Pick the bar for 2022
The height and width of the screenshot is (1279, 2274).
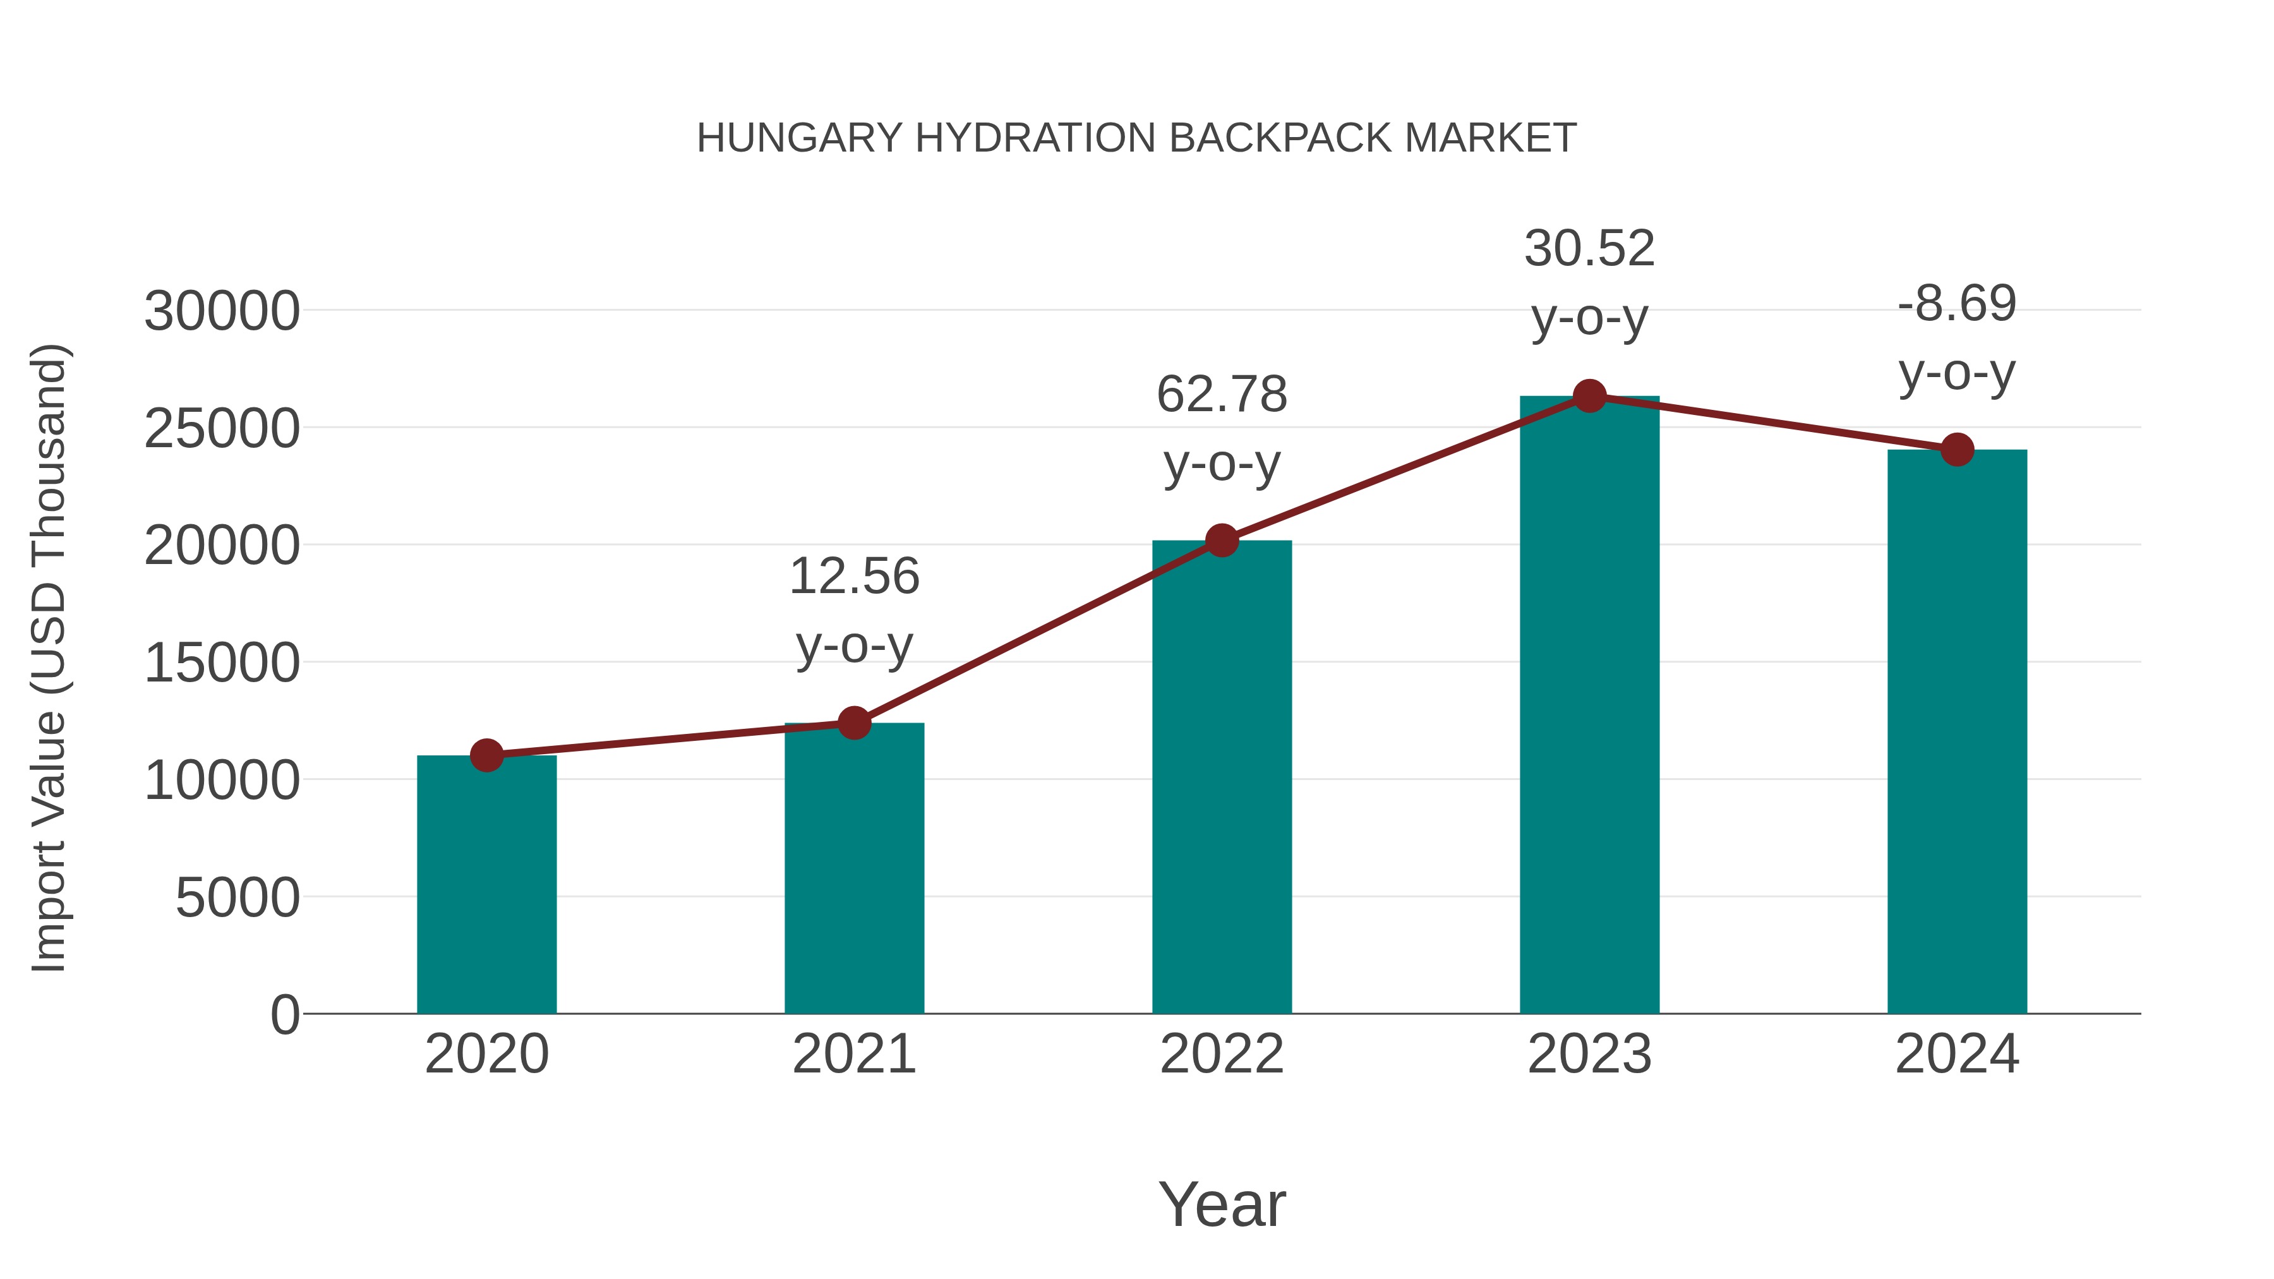[1222, 777]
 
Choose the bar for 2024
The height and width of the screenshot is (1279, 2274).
[1957, 732]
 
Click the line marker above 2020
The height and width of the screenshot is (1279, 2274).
[486, 755]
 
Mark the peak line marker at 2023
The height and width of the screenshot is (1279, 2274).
[1589, 396]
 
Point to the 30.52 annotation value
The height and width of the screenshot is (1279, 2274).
[1589, 249]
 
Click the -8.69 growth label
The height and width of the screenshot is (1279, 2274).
[1957, 304]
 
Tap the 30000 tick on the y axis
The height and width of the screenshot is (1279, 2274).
[222, 311]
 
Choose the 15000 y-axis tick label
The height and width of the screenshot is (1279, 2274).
[222, 663]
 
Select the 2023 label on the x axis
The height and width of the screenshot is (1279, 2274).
[1589, 1054]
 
